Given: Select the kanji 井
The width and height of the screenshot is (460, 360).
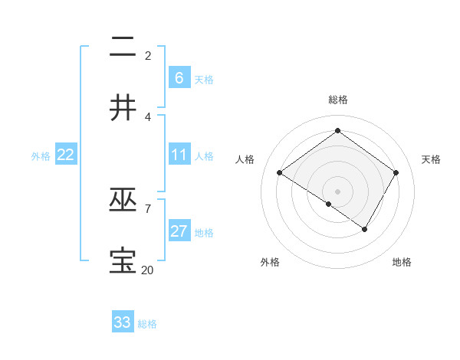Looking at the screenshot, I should point(123,107).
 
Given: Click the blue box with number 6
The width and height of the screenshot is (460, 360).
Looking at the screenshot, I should point(179,77).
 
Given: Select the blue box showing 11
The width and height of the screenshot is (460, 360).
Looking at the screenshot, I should point(179,155).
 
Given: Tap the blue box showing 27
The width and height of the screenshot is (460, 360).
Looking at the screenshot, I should point(179,231).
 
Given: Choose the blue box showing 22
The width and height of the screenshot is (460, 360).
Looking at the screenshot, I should point(66,155).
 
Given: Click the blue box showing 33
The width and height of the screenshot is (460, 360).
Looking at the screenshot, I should point(123,322).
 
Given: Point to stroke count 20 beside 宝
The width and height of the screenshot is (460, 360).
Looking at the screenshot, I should point(147,270).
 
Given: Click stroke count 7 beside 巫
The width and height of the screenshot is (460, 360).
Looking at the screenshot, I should point(147,208).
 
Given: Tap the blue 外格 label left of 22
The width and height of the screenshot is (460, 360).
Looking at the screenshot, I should point(41,156).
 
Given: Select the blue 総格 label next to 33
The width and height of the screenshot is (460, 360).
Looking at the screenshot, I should point(147,324).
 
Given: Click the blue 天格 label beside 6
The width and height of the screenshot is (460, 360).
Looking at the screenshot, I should point(204,80).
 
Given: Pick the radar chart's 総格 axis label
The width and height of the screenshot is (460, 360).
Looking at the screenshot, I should point(338,100).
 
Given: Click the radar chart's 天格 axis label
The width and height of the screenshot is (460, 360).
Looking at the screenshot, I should point(432,159).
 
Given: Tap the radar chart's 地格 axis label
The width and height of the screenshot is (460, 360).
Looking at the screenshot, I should point(402,262).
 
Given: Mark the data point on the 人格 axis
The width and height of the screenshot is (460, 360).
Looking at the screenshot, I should point(279,173).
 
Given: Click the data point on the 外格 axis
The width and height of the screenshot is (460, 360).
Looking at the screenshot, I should point(329,204).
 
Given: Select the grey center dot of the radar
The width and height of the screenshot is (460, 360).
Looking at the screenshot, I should point(338,191).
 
